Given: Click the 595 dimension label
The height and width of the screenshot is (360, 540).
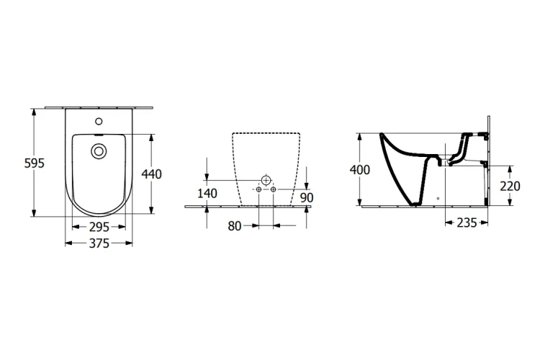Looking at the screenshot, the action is [x=35, y=163].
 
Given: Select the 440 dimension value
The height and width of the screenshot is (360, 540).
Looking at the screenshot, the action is [x=151, y=174].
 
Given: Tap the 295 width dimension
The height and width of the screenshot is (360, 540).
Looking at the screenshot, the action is [x=99, y=227].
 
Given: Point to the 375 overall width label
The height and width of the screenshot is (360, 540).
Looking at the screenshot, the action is [x=99, y=243].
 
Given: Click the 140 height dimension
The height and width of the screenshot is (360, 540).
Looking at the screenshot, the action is [x=207, y=194].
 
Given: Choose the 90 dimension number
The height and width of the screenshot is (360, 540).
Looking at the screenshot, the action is [x=307, y=198].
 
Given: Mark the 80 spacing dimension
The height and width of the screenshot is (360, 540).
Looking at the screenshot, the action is [x=235, y=226].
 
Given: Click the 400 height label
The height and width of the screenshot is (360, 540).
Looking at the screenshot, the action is [x=360, y=170].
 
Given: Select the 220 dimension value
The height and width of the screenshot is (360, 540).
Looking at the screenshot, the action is [x=510, y=186].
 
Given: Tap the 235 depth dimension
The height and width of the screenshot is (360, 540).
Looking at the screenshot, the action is [x=467, y=223].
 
